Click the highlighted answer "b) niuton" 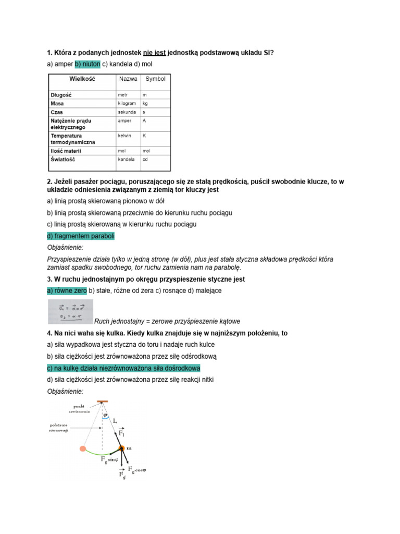point(87,64)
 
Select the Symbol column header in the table point(155,79)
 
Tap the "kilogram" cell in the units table point(127,103)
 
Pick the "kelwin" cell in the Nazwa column point(124,135)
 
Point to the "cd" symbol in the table point(146,160)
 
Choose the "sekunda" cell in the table point(127,112)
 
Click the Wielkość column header point(82,79)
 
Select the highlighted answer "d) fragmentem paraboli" point(81,236)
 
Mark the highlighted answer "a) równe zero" point(67,290)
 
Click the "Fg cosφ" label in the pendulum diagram point(137,470)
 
